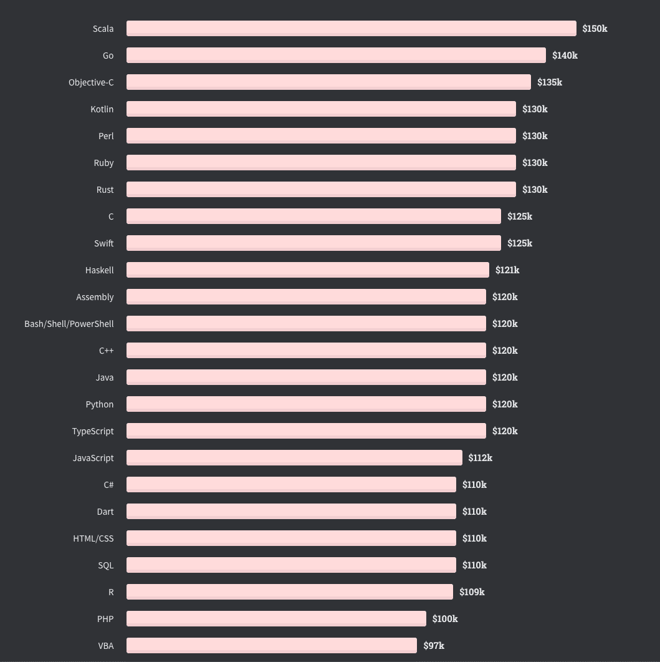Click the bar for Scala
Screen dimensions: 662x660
tap(351, 29)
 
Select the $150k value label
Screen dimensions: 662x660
tap(595, 29)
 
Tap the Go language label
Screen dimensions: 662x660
tap(108, 56)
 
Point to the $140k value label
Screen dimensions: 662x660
tap(565, 56)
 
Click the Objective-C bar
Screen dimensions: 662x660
tap(328, 82)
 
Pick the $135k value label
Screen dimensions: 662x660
tap(549, 82)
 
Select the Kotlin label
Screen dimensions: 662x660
tap(102, 109)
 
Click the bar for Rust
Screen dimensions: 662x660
tap(321, 190)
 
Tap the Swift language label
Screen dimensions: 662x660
tap(103, 243)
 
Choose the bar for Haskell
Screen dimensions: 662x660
tap(307, 270)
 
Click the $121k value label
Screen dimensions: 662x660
tap(507, 270)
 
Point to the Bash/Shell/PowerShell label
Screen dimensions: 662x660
tap(69, 324)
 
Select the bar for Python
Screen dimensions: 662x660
tap(306, 404)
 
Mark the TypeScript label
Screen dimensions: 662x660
tap(93, 431)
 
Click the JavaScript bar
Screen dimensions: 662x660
tap(294, 458)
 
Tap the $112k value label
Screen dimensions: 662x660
tap(481, 458)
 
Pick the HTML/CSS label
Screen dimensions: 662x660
tap(93, 538)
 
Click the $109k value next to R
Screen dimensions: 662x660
tap(472, 592)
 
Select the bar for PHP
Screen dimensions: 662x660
tap(276, 619)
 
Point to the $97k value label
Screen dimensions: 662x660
tap(434, 646)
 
